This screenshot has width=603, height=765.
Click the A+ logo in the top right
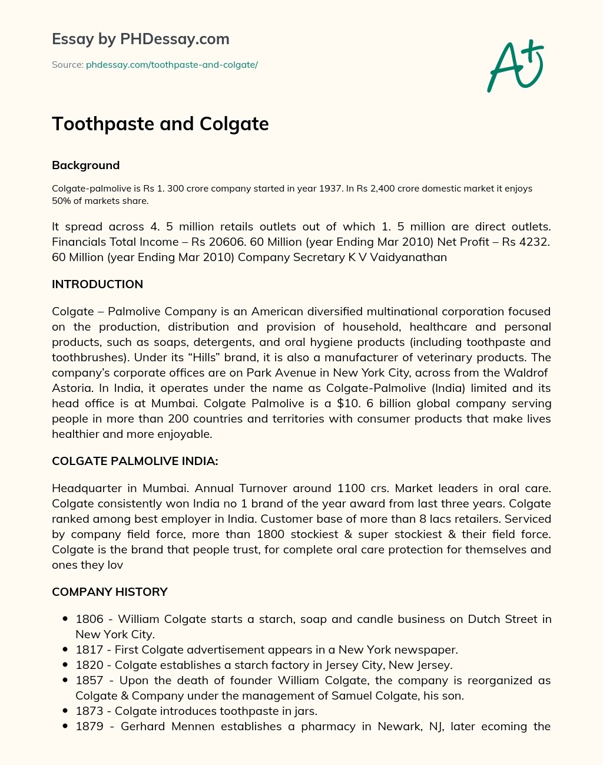[515, 66]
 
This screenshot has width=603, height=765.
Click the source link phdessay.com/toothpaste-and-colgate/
[171, 65]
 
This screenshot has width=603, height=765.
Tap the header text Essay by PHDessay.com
[140, 39]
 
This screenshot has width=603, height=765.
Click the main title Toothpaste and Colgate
[160, 124]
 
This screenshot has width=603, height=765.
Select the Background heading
[85, 166]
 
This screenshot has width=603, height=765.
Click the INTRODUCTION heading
[97, 284]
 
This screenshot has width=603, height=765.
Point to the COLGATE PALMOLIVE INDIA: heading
[135, 461]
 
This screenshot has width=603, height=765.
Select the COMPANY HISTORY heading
[110, 592]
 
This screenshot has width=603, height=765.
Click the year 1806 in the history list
[89, 619]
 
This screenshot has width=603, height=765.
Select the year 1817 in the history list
[89, 649]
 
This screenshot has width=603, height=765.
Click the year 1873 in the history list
[89, 711]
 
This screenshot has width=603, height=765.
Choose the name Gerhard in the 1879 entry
[143, 726]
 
